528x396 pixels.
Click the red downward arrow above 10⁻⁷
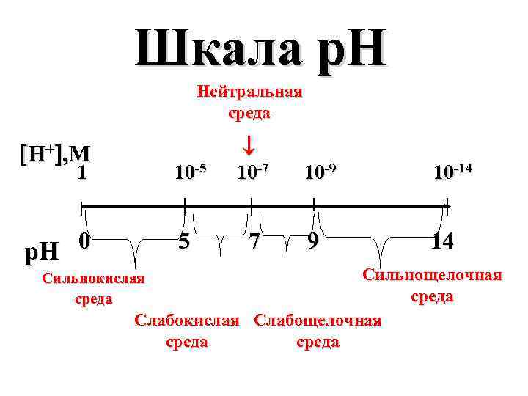click(249, 144)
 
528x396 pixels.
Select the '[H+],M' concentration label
click(55, 154)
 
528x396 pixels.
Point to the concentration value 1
click(83, 173)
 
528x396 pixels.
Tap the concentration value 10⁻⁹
click(320, 173)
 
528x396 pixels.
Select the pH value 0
click(84, 241)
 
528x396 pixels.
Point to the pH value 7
click(253, 241)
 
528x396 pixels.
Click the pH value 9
click(314, 241)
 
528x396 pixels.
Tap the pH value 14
click(443, 241)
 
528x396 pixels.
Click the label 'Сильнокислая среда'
click(94, 288)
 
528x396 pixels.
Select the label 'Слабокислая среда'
click(187, 331)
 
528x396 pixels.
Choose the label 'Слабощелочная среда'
click(318, 331)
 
